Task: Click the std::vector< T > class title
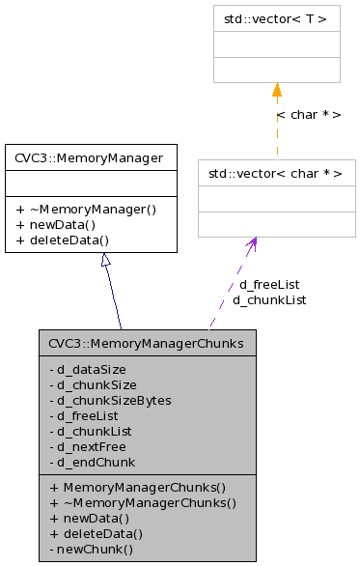point(276,18)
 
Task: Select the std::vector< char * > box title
point(276,174)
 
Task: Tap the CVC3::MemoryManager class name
point(90,157)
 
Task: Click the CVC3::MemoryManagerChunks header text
point(147,343)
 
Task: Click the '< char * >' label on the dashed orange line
point(308,114)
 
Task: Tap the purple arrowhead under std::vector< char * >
point(253,245)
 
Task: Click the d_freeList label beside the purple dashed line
point(269,285)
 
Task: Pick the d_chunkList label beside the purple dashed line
point(269,300)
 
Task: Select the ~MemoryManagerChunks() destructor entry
point(142,502)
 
